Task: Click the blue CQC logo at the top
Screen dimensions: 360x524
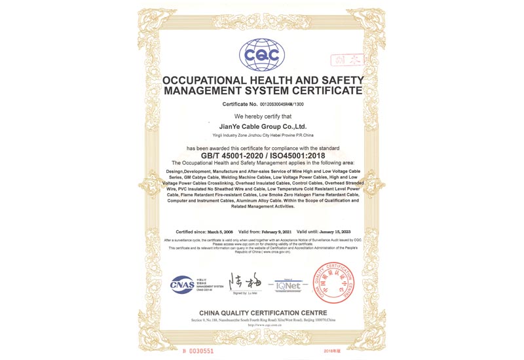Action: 262,53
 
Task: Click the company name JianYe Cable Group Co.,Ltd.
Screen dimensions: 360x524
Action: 262,126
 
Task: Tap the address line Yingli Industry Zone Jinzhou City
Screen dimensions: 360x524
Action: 262,136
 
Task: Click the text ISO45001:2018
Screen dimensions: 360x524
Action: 295,156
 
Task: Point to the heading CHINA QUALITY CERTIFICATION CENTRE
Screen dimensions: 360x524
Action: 262,313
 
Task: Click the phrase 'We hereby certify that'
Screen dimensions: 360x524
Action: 262,116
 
